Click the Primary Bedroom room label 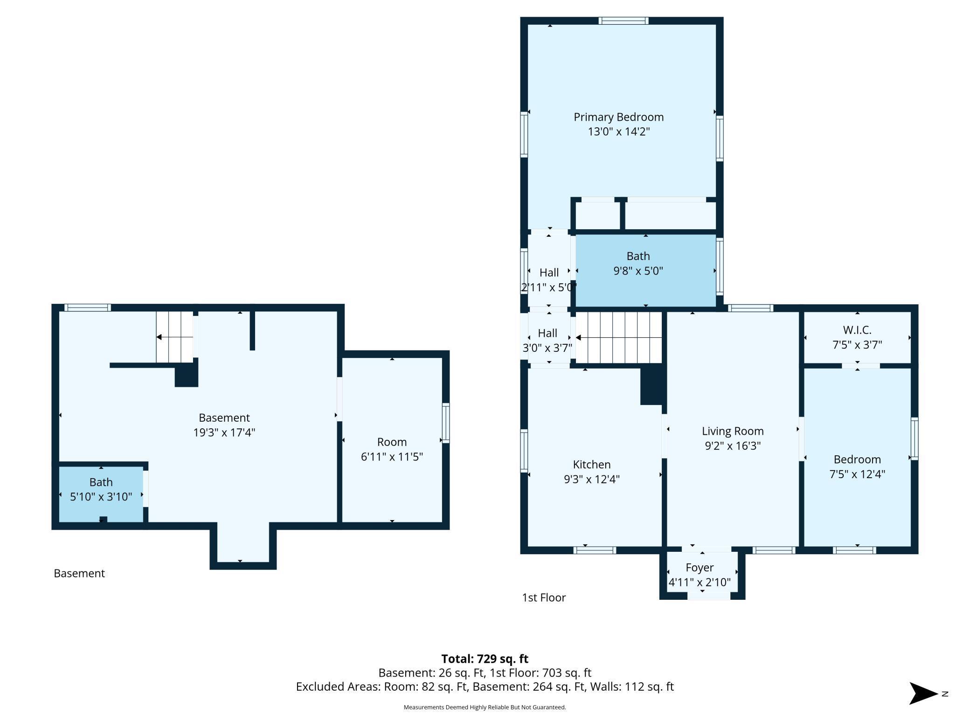pyautogui.click(x=618, y=117)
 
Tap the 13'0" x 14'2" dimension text pyautogui.click(x=618, y=131)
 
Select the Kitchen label pyautogui.click(x=592, y=464)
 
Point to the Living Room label pyautogui.click(x=733, y=431)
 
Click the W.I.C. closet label pyautogui.click(x=857, y=330)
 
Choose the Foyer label pyautogui.click(x=700, y=568)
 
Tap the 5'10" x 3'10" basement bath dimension pyautogui.click(x=101, y=497)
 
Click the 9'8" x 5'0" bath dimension pyautogui.click(x=638, y=271)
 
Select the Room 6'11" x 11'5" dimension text pyautogui.click(x=392, y=457)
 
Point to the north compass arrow pyautogui.click(x=923, y=693)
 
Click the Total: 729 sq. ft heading pyautogui.click(x=485, y=658)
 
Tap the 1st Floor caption pyautogui.click(x=544, y=597)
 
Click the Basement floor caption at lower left pyautogui.click(x=79, y=573)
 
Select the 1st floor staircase pyautogui.click(x=619, y=337)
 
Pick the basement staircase pyautogui.click(x=174, y=336)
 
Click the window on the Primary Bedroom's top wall pyautogui.click(x=624, y=21)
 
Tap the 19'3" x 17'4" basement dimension pyautogui.click(x=224, y=432)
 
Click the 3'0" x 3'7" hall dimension pyautogui.click(x=547, y=348)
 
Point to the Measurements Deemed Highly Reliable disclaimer pyautogui.click(x=485, y=707)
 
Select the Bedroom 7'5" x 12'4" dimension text pyautogui.click(x=857, y=474)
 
